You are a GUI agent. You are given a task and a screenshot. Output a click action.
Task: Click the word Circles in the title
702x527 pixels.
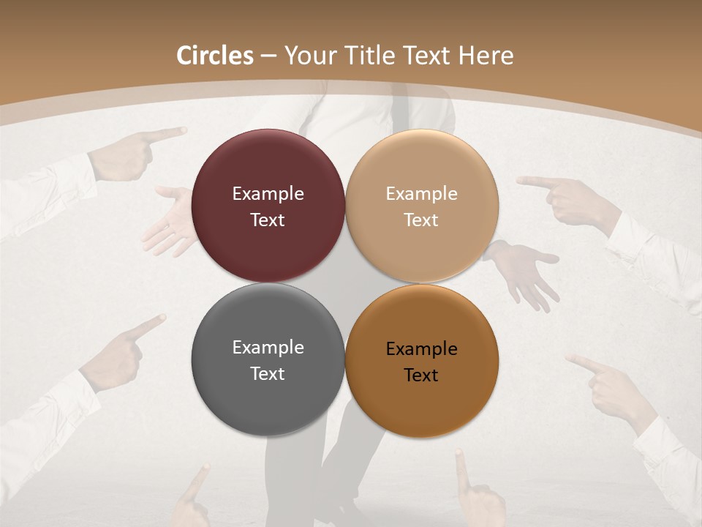pyautogui.click(x=215, y=56)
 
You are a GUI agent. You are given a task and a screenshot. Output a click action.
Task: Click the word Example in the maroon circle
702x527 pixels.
pyautogui.click(x=268, y=194)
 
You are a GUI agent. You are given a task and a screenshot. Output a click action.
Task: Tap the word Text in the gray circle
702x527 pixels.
pyautogui.click(x=268, y=374)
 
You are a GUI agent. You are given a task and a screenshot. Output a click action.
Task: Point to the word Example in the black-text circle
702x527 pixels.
pyautogui.click(x=421, y=349)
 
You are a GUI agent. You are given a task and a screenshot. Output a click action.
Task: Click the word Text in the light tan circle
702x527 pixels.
pyautogui.click(x=421, y=220)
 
